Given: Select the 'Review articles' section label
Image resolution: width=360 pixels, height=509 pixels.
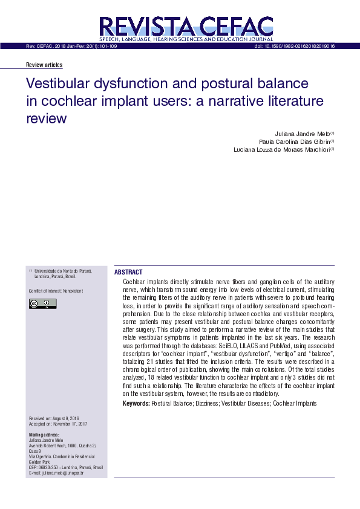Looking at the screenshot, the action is click(44, 65).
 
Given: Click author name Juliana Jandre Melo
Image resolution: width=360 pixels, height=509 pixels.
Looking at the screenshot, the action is click(297, 134).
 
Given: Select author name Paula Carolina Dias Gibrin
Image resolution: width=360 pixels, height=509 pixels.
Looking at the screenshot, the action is click(285, 141).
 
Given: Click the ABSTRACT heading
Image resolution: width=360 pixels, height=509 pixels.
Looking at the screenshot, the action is click(128, 273).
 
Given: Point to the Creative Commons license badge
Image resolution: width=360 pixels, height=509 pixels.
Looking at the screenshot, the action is click(42, 303).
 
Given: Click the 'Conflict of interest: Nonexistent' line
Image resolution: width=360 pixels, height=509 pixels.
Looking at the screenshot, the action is click(56, 291).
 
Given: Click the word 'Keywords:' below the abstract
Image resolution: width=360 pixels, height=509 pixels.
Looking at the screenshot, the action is click(136, 403).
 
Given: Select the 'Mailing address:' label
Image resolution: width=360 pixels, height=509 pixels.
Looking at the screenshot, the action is click(44, 435).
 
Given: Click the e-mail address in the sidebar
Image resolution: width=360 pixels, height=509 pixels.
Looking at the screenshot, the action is click(56, 473).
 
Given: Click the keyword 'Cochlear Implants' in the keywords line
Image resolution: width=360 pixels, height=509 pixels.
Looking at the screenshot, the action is click(295, 403).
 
